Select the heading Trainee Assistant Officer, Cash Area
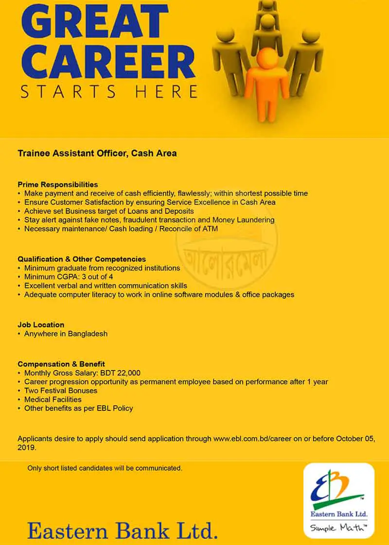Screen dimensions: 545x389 click(x=97, y=153)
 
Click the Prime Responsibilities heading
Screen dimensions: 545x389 click(x=58, y=185)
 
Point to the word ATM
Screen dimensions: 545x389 click(x=210, y=228)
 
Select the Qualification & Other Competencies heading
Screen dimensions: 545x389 click(x=82, y=259)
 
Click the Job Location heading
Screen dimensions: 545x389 click(x=41, y=324)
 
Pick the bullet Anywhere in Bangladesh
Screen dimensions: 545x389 click(x=66, y=334)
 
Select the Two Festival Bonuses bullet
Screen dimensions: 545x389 click(x=61, y=391)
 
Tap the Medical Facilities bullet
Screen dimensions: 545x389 click(x=53, y=399)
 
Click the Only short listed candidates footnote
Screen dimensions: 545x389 click(x=105, y=468)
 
